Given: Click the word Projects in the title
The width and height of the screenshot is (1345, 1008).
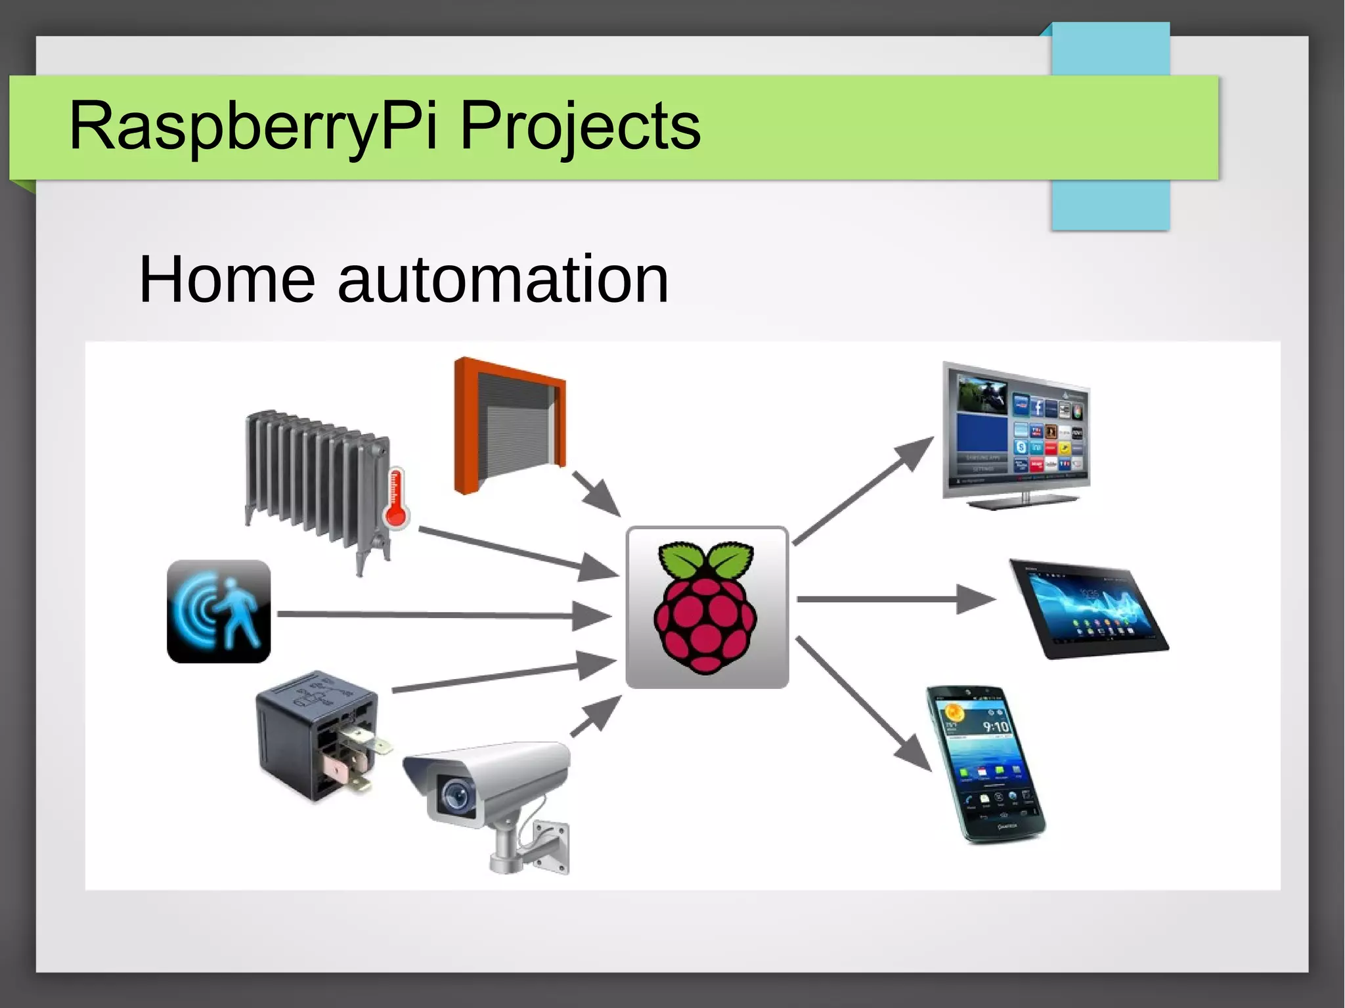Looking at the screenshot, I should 580,126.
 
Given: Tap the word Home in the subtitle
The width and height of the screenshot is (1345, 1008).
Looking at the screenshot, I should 227,280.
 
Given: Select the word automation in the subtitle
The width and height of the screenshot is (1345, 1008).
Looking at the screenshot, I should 503,280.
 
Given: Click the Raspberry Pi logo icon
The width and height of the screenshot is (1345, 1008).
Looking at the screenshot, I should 706,607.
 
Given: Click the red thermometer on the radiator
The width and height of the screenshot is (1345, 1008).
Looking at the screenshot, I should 396,498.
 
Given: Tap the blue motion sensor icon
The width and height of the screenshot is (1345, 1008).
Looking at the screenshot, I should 219,611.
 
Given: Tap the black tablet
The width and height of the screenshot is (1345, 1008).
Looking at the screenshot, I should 1088,608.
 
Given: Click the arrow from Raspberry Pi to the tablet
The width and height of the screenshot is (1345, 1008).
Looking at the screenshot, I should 893,600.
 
